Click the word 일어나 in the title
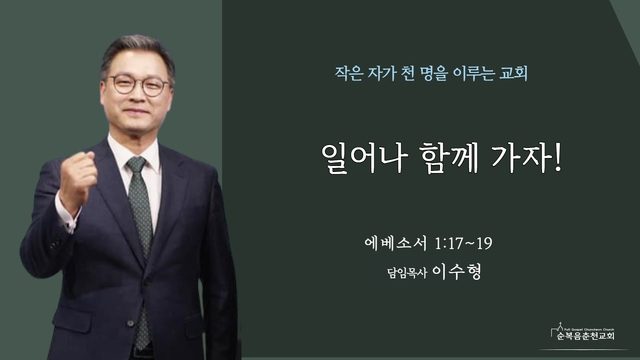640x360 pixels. pos(364,158)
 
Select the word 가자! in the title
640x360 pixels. pos(527,158)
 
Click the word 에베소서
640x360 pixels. pos(396,244)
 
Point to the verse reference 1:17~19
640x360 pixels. pos(463,244)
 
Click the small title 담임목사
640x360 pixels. pos(407,273)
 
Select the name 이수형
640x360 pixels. pos(457,271)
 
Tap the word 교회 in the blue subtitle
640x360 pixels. pos(513,74)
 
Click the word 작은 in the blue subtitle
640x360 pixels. pos(349,74)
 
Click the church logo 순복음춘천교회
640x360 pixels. pos(583,332)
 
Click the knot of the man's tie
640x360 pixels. pos(137,164)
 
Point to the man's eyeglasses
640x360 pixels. pos(139,84)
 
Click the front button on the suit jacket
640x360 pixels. pos(130,323)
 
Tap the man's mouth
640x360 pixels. pos(136,112)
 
